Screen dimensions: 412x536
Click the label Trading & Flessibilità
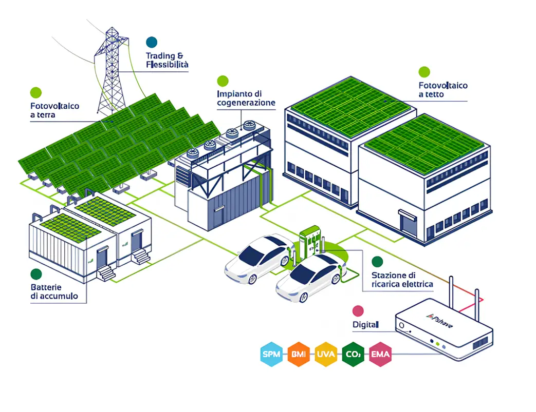167,60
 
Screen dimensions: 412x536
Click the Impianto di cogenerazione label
246,98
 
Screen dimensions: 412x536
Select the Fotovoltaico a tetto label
443,90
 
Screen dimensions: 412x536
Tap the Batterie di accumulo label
54,291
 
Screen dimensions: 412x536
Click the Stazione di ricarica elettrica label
402,279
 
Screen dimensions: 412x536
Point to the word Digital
365,324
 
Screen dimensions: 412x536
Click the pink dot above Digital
358,310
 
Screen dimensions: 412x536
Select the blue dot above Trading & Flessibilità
152,42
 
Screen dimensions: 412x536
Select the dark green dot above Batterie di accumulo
36,274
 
